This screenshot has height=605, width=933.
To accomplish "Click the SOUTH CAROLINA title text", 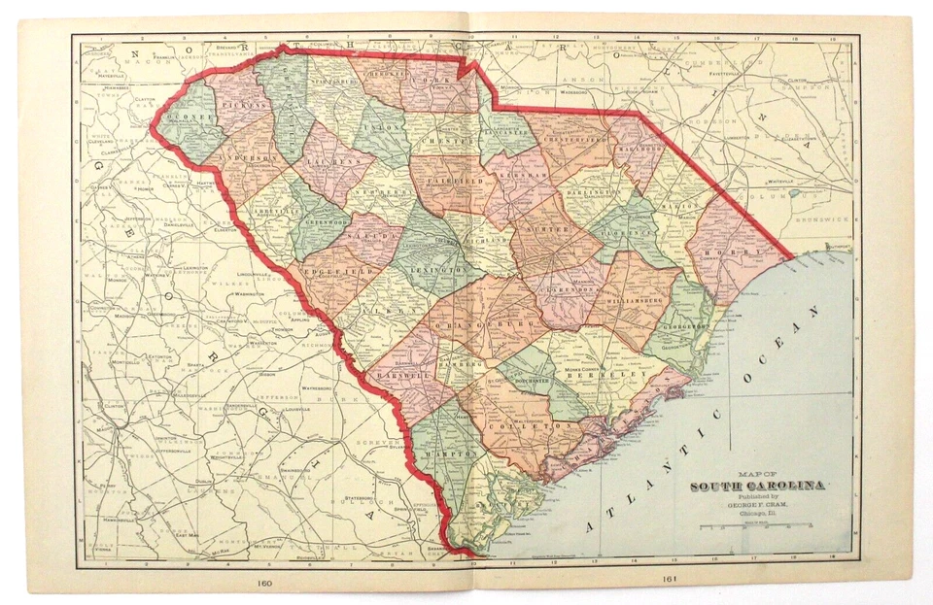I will [x=758, y=486].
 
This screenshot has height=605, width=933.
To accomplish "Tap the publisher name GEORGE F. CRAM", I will [x=758, y=505].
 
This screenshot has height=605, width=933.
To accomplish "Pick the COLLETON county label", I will [x=528, y=426].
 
